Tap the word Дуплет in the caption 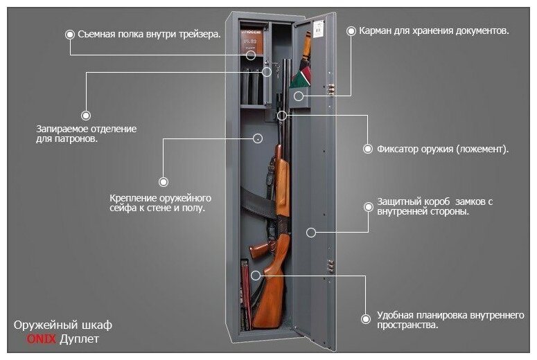click(79, 339)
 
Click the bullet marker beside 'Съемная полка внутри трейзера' click(69, 33)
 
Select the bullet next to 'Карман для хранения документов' click(351, 31)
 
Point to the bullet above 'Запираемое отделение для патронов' click(86, 116)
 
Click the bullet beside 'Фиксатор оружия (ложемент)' click(368, 149)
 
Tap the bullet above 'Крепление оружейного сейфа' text click(164, 182)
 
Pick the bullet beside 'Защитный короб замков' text click(367, 206)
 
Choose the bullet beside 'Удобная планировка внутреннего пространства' click(366, 319)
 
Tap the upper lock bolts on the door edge click(331, 90)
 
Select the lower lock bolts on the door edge click(331, 266)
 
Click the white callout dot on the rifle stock click(256, 275)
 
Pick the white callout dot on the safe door click(311, 233)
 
